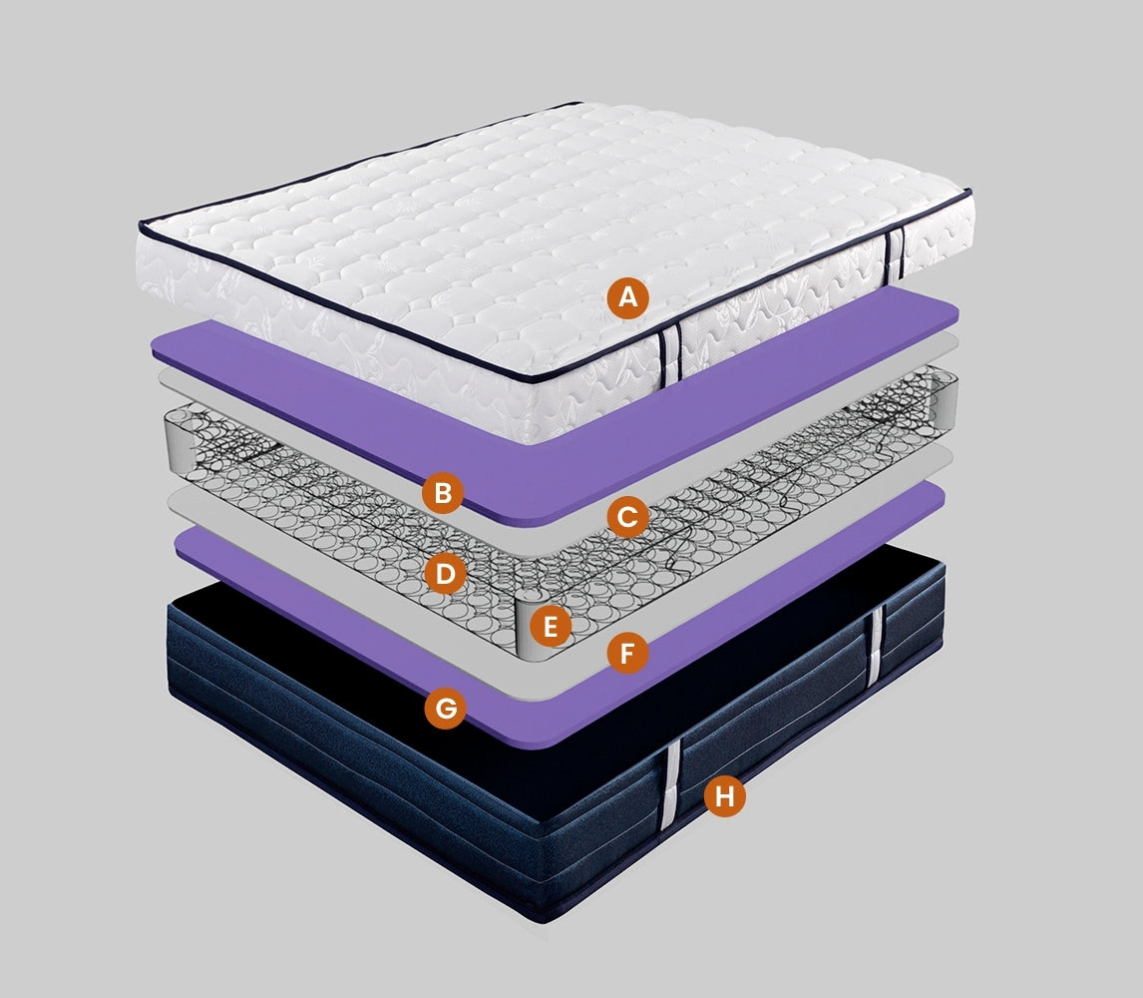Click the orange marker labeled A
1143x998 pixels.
pos(627,297)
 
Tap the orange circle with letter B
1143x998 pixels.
pos(443,493)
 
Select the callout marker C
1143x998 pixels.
pos(627,517)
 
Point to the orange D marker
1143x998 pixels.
pos(445,574)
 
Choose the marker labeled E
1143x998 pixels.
pos(551,626)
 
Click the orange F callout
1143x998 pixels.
pos(627,653)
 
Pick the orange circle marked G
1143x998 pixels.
pos(446,707)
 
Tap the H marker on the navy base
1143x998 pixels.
pos(724,796)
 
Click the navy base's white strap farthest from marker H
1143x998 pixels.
pos(875,646)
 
